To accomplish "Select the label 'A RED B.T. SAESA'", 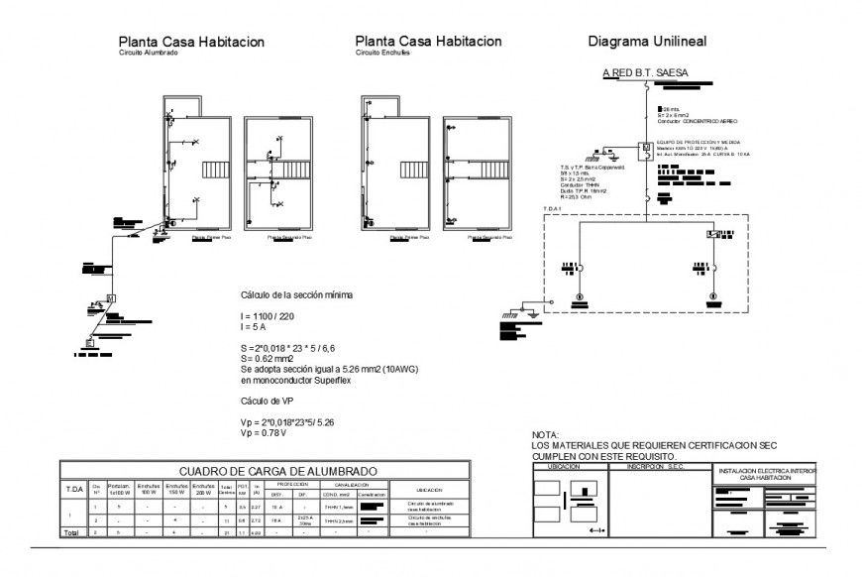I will point(645,72).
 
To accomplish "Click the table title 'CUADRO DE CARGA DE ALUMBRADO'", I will point(277,471).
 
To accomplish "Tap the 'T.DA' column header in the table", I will point(74,488).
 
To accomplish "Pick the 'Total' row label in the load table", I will point(71,532).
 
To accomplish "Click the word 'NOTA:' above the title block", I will point(545,435).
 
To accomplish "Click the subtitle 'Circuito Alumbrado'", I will point(149,54).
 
